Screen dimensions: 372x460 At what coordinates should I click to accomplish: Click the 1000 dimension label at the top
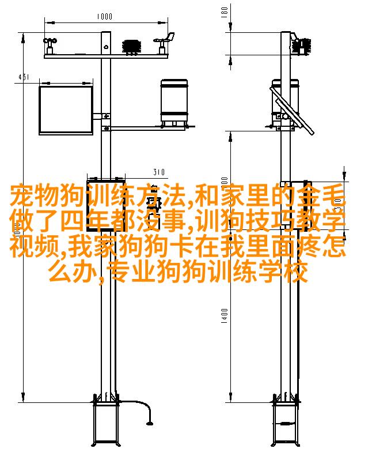(x=104, y=16)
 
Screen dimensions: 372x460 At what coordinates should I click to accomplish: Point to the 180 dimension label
(x=224, y=12)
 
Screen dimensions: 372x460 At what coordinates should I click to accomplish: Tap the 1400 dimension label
(x=224, y=316)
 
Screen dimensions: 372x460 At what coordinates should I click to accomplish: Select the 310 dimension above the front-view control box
(x=159, y=172)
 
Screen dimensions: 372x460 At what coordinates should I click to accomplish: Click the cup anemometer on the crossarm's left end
(x=50, y=45)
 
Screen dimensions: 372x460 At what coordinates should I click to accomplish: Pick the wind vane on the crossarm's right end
(x=165, y=43)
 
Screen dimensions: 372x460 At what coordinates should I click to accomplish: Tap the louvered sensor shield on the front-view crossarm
(x=132, y=47)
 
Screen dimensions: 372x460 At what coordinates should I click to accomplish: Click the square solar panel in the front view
(x=66, y=110)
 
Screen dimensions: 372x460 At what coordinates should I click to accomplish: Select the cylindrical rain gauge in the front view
(x=174, y=103)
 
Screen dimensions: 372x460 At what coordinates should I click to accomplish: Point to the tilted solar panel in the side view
(x=292, y=110)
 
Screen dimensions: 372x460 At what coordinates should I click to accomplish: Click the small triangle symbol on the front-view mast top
(x=106, y=46)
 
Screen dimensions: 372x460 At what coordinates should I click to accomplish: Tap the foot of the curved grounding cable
(x=150, y=423)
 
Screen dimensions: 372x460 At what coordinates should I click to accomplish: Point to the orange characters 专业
(x=132, y=271)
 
